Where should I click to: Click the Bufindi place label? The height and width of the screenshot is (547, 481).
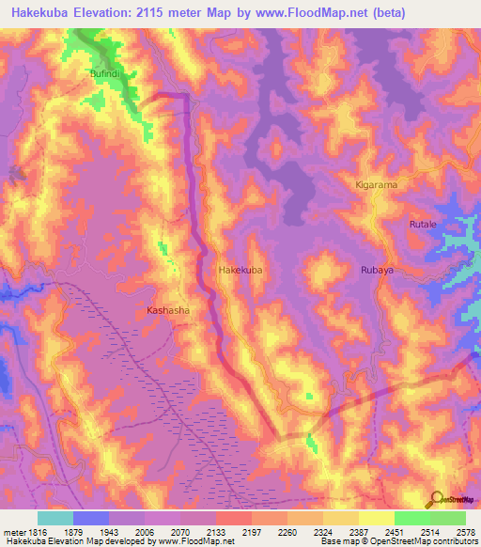107,71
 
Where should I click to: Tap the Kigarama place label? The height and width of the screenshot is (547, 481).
376,185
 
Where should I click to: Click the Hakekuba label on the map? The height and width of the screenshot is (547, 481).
240,270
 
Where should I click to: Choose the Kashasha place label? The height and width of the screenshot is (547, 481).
168,309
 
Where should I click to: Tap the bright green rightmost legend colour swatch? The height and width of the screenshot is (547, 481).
448,518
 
